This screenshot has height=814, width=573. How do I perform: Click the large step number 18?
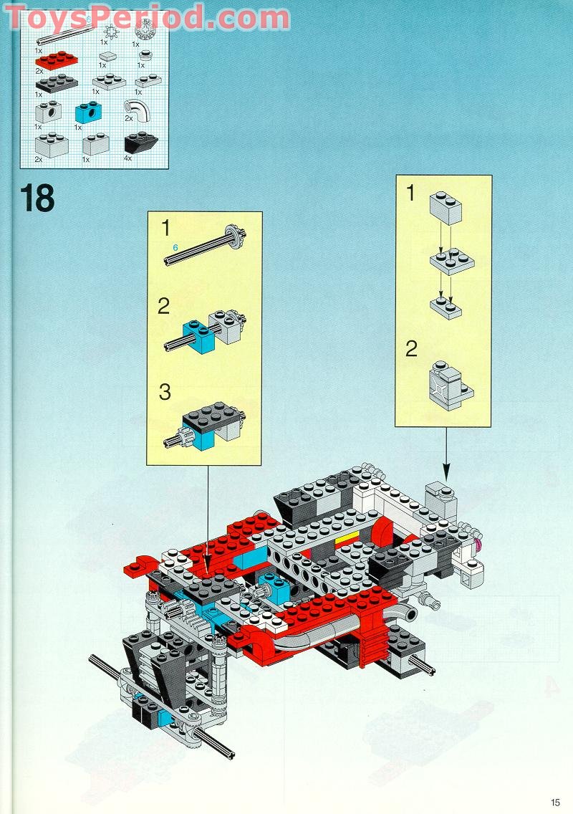tap(38, 198)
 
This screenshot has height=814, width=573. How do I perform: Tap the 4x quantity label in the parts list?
tap(127, 158)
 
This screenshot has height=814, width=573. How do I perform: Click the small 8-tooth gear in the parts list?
tap(112, 33)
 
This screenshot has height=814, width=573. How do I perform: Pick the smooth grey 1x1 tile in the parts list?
tap(108, 56)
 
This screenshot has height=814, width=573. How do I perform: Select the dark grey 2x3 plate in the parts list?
tap(55, 84)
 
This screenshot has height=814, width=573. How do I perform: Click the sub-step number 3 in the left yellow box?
tap(165, 392)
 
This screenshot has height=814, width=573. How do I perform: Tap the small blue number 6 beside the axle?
tap(175, 247)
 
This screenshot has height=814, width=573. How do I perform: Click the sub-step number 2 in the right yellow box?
tap(411, 349)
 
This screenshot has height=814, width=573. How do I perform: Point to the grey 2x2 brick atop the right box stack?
tap(446, 207)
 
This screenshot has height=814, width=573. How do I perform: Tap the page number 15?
tap(556, 802)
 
